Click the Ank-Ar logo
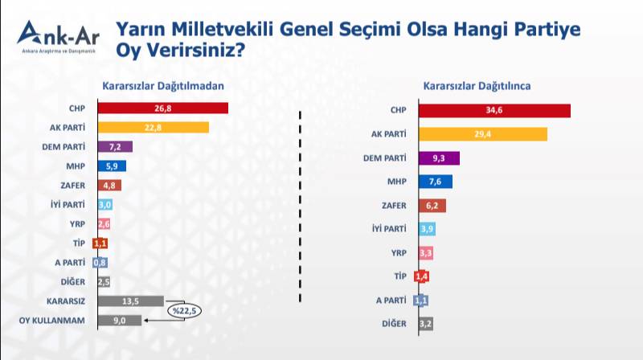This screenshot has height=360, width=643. click(x=57, y=37)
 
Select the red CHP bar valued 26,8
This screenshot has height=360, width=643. click(x=162, y=108)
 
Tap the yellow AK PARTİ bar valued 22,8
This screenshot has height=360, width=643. click(x=153, y=128)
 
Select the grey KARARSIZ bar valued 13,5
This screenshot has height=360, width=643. click(x=130, y=301)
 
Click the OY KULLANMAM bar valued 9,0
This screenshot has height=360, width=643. click(x=119, y=321)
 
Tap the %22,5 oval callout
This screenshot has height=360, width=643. click(x=184, y=311)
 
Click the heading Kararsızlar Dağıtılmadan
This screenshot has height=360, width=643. click(x=162, y=86)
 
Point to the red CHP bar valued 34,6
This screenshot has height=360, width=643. click(x=494, y=110)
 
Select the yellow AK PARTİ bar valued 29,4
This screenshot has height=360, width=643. click(x=483, y=134)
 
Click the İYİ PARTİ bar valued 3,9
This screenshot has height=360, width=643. click(x=428, y=230)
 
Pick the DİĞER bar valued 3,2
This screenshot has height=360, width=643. click(x=426, y=324)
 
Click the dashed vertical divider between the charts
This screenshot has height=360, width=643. click(x=300, y=209)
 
